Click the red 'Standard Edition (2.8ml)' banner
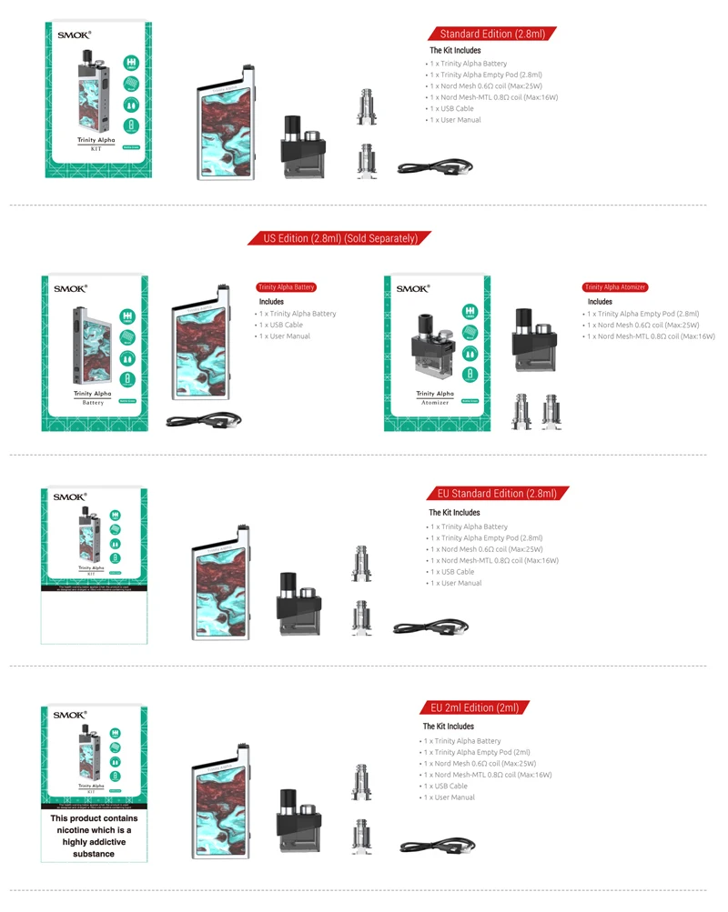491,34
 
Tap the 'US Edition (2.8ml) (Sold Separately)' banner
339,238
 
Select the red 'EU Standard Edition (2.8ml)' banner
497,494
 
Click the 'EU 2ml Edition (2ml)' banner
475,707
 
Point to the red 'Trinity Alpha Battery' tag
286,287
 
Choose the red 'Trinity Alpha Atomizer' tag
615,287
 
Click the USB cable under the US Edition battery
203,421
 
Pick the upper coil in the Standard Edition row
365,105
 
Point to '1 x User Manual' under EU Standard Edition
456,583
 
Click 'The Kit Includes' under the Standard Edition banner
455,50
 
